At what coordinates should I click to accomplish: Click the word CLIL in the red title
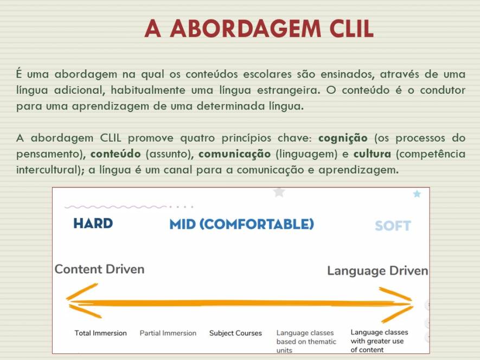(x=352, y=29)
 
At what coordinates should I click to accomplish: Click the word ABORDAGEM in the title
(x=246, y=29)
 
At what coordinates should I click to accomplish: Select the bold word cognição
(x=343, y=138)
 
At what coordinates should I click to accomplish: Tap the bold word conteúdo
(x=116, y=153)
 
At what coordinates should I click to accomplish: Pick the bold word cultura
(x=372, y=153)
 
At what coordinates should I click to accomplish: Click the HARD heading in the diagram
(x=93, y=223)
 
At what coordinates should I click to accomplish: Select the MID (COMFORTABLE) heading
(x=242, y=224)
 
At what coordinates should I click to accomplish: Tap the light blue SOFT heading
(x=393, y=226)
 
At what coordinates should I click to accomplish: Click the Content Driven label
(x=99, y=269)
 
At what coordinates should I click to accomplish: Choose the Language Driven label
(x=377, y=271)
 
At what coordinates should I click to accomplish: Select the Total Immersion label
(x=101, y=333)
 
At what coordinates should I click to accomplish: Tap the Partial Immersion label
(x=168, y=333)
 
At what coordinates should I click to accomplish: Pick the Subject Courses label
(x=236, y=333)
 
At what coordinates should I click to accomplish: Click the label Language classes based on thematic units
(x=306, y=342)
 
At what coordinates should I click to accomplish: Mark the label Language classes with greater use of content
(x=379, y=340)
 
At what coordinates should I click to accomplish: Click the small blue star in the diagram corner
(x=417, y=194)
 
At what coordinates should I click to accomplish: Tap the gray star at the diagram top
(x=279, y=192)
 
